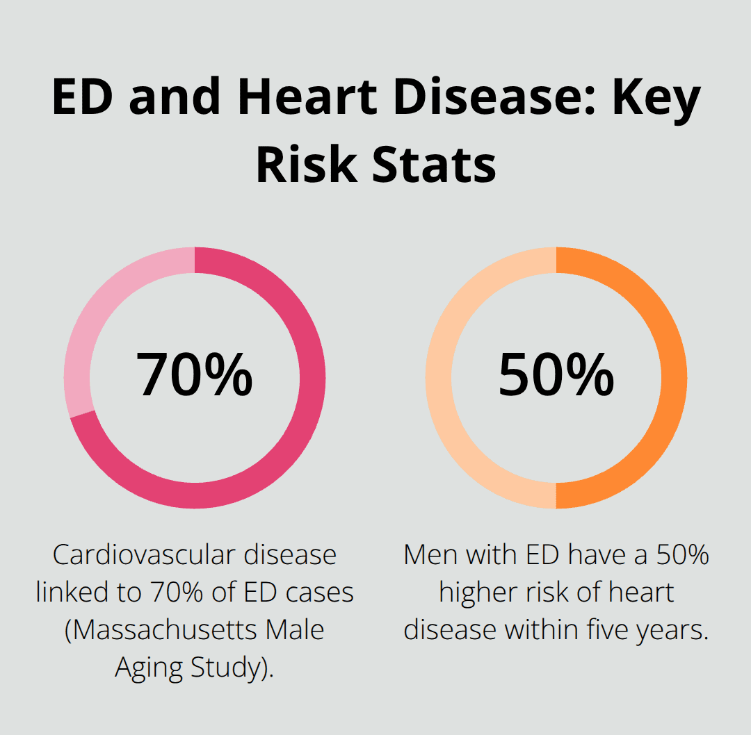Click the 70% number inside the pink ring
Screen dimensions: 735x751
(x=194, y=375)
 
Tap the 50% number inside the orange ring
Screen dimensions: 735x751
(x=556, y=375)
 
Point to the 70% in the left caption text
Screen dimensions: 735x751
(x=175, y=593)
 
